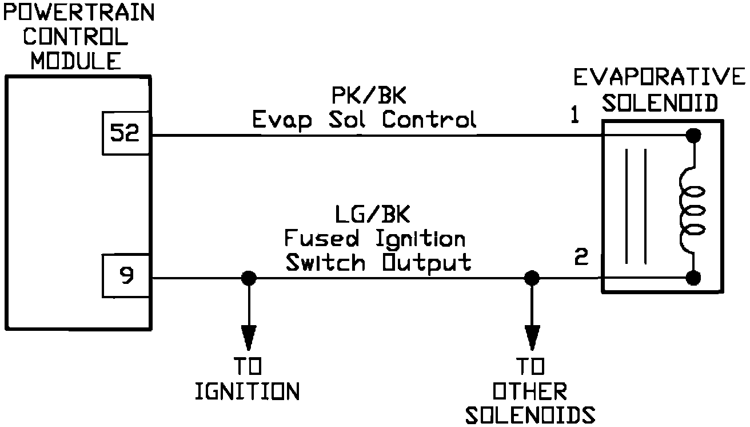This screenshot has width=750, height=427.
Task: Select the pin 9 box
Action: click(126, 277)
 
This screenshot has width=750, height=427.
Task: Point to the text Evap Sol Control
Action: click(364, 120)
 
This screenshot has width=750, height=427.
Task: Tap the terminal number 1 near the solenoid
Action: click(575, 116)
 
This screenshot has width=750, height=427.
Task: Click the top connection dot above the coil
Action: click(693, 136)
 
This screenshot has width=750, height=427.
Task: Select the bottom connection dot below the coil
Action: click(693, 278)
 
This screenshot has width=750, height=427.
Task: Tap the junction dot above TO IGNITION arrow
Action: click(249, 278)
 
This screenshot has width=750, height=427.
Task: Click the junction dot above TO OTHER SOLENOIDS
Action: click(532, 278)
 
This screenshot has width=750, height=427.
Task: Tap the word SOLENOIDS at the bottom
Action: click(530, 416)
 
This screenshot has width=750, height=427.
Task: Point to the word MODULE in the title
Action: click(76, 61)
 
